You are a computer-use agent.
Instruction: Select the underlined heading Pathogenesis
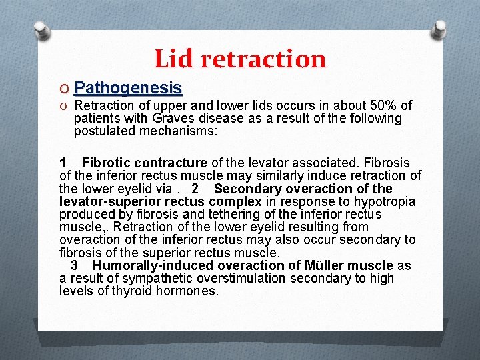129,88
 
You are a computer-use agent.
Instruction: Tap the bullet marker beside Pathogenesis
65,89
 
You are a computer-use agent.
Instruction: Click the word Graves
173,119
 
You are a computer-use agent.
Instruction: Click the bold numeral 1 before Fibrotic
63,163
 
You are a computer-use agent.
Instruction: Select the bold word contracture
171,163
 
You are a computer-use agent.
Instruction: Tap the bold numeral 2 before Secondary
195,189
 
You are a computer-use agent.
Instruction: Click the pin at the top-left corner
41,29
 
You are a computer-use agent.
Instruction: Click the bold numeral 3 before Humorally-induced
85,266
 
